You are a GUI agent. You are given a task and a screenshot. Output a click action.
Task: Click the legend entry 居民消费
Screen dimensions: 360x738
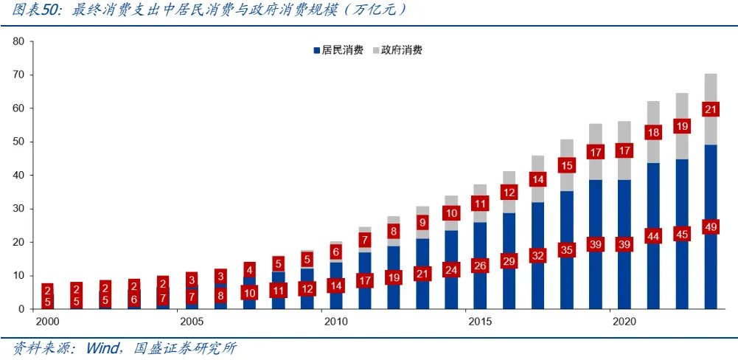point(338,50)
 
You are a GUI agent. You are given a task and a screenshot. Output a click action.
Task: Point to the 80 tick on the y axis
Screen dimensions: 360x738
point(18,41)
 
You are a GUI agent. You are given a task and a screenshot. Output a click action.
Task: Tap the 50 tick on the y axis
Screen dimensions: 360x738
point(18,142)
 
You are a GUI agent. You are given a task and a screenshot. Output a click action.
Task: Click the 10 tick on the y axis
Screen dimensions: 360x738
point(18,275)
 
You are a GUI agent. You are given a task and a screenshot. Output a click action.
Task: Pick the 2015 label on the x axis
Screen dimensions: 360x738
point(480,322)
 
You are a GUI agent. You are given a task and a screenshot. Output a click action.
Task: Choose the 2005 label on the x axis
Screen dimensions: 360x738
point(192,322)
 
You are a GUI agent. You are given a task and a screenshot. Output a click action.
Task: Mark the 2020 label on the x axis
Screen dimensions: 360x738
point(624,322)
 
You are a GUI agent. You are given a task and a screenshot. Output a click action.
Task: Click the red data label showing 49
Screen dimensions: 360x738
point(711,227)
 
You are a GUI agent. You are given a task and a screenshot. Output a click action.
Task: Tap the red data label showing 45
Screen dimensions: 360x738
point(682,235)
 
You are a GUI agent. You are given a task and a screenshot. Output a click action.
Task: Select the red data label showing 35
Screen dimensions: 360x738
point(566,249)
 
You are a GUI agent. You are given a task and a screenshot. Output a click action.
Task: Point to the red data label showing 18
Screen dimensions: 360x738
point(653,133)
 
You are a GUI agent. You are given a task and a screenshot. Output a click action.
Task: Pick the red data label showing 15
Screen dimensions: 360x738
point(566,165)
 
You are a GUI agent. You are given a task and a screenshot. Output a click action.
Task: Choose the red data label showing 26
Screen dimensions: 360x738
point(480,266)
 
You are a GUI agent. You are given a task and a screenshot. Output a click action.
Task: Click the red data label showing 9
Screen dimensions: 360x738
point(422,222)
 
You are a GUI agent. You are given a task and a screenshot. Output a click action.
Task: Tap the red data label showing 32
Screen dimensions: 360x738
point(537,256)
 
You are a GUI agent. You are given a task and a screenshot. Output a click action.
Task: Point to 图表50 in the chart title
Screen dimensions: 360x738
point(34,11)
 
